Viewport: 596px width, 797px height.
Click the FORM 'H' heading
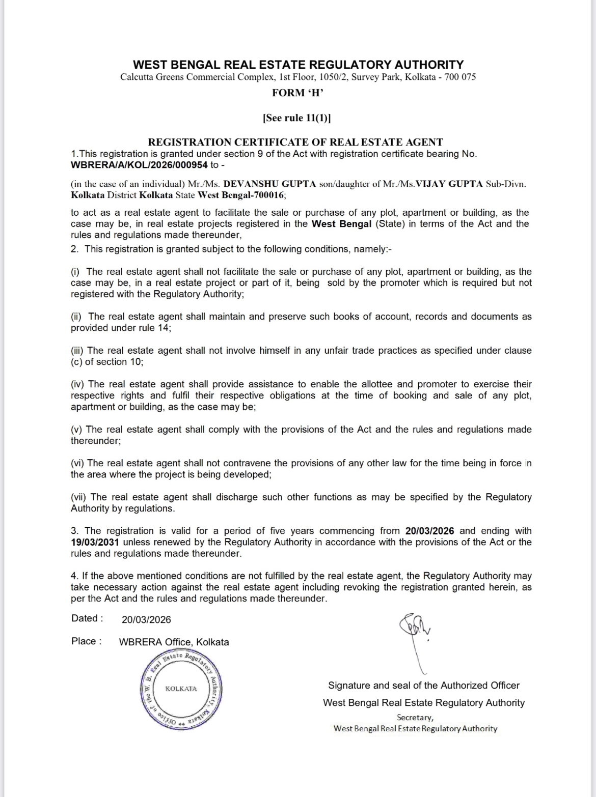[298, 93]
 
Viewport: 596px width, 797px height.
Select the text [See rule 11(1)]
[296, 118]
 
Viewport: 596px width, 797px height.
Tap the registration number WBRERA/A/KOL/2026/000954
[139, 165]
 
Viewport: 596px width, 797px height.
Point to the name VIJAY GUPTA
[449, 184]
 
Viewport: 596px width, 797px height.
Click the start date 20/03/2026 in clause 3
[430, 531]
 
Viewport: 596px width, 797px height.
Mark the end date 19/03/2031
[95, 542]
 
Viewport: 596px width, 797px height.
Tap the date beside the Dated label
[146, 619]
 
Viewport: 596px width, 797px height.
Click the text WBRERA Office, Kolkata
[174, 642]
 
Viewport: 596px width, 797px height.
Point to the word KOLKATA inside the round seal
[181, 689]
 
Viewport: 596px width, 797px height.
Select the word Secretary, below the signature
[415, 717]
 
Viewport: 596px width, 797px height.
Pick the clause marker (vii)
[79, 497]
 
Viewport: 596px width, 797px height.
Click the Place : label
[87, 641]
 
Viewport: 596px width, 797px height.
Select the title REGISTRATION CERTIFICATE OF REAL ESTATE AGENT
[295, 142]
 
